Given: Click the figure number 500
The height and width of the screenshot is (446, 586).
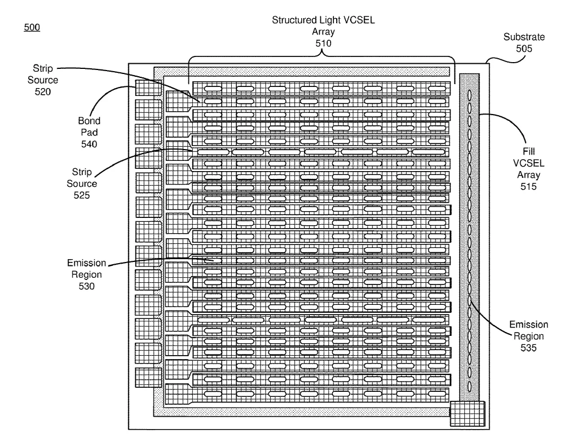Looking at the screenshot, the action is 32,27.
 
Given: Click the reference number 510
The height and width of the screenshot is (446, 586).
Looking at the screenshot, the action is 323,43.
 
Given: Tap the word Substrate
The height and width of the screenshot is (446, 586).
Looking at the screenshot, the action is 524,37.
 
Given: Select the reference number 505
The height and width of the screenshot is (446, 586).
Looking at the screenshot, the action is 524,49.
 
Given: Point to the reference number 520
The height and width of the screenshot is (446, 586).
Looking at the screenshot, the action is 43,91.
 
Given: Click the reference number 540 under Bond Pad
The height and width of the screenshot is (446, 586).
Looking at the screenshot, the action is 89,144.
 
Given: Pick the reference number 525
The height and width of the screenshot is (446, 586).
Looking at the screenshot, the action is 81,195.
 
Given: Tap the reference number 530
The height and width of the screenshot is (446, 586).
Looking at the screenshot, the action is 86,286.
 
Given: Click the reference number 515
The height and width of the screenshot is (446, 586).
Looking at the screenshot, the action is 528,186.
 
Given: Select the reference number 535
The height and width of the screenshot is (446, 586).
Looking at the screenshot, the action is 528,348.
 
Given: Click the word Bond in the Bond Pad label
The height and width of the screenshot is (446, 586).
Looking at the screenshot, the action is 89,120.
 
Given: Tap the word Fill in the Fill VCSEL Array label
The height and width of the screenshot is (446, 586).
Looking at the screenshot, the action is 528,151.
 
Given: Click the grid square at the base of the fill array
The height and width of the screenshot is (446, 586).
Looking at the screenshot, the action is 468,413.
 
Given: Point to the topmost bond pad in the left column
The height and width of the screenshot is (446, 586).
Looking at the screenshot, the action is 148,88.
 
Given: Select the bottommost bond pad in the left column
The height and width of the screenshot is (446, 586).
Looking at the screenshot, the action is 148,377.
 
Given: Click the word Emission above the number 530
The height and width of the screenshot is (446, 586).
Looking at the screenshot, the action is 86,263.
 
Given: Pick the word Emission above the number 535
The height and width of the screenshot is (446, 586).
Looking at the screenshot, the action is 528,325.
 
